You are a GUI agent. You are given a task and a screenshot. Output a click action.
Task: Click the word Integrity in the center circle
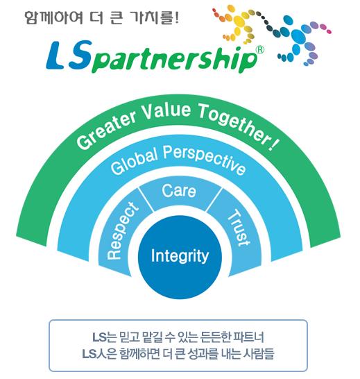pos(180,256)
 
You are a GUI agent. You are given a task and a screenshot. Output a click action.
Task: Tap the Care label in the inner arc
pos(179,191)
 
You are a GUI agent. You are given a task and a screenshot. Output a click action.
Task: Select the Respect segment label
pos(121,231)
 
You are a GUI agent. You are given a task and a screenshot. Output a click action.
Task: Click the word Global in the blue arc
pos(135,162)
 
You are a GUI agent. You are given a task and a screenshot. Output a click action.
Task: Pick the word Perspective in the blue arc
pos(205,159)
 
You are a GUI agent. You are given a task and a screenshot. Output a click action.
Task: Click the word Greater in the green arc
pos(107,130)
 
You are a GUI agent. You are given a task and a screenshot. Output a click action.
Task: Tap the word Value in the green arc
pos(167,112)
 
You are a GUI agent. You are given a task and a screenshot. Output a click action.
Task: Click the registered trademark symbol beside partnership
pos(259,49)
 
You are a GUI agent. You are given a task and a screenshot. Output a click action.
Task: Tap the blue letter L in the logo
pos(56,55)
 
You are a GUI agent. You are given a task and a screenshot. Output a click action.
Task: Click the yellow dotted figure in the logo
pos(236,24)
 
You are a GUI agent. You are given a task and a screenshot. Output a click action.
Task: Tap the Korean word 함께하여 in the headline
pos(54,17)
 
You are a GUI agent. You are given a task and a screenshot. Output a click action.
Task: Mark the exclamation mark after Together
pos(273,146)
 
